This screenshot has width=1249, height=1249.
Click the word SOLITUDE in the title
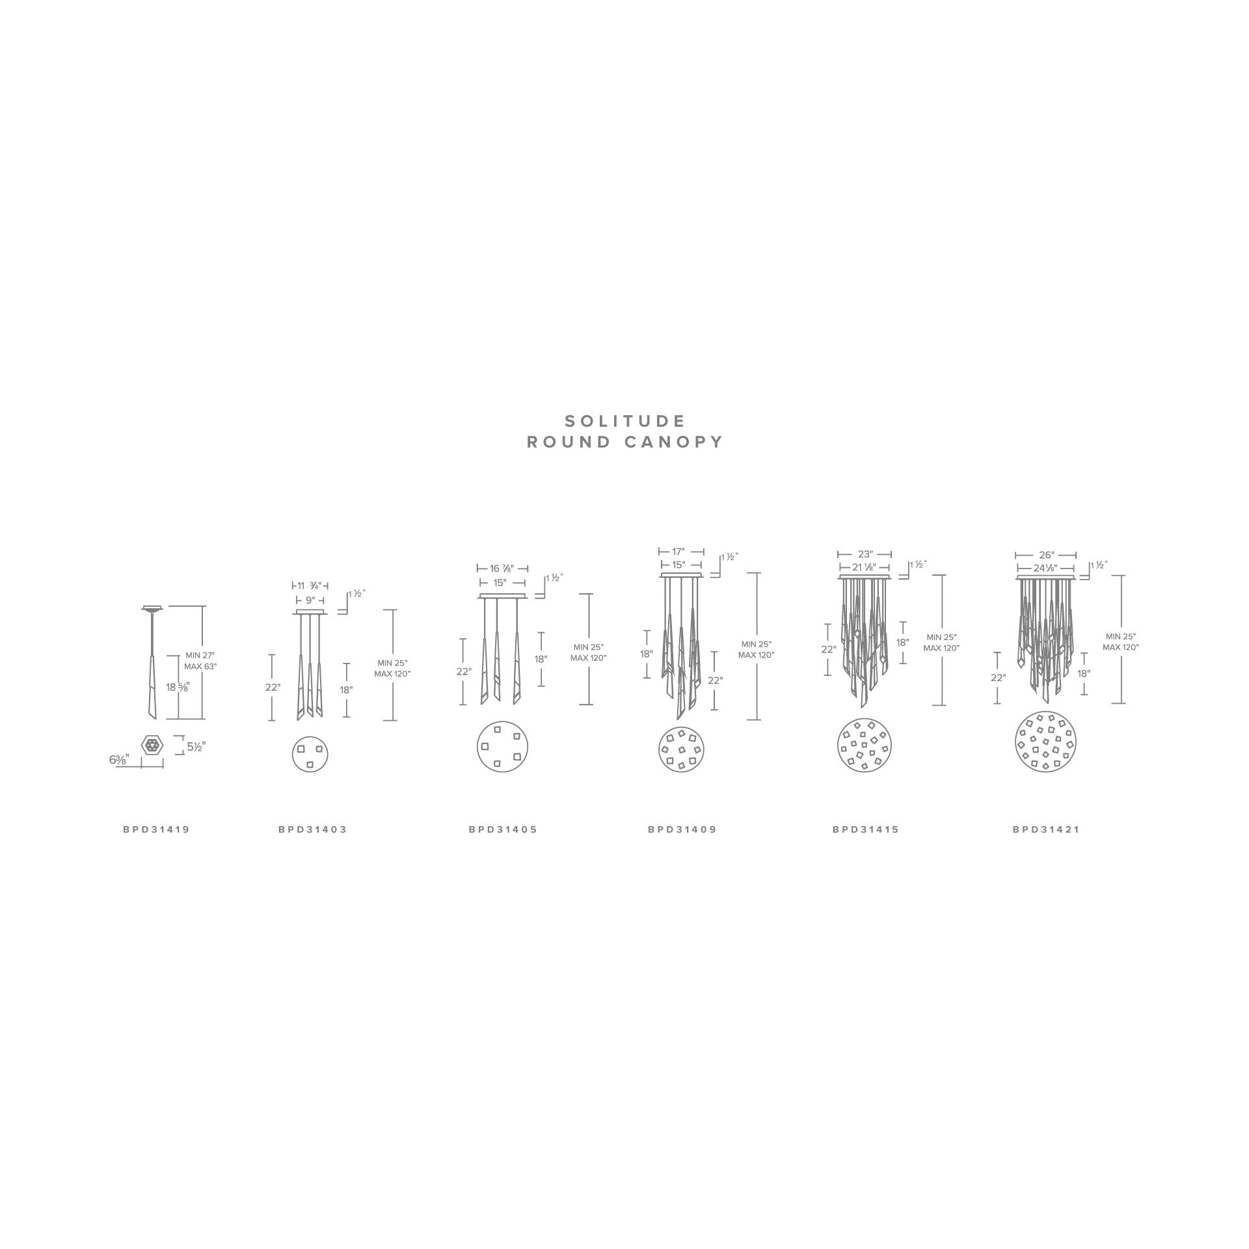624,421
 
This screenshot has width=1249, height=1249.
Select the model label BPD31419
156,829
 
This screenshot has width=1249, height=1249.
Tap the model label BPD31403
312,829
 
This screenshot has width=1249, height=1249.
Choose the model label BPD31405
503,829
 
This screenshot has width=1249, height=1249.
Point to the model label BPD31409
682,829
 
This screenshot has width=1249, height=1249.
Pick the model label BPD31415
865,829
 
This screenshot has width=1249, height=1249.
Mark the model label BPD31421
1045,829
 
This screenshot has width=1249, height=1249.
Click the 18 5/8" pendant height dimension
177,687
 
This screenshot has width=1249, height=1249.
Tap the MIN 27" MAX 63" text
200,661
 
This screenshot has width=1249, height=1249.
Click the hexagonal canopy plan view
153,745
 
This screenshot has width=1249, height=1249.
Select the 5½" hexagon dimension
196,747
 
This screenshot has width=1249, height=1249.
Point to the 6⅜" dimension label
119,759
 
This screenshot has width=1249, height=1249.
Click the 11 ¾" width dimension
310,585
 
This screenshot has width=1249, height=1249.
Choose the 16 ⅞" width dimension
502,569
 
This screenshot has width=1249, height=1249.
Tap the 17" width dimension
678,551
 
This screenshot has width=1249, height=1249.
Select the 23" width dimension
865,555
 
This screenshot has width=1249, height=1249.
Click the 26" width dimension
1045,555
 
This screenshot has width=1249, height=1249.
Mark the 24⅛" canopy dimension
1045,568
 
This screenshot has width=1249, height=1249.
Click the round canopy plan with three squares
310,755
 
